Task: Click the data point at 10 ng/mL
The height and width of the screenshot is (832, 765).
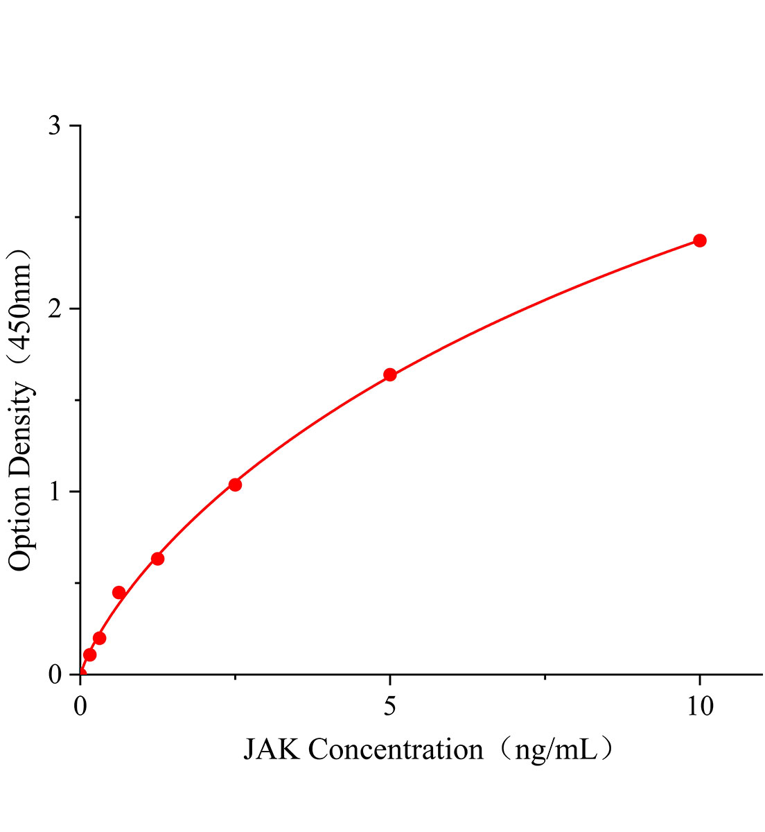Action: (x=700, y=241)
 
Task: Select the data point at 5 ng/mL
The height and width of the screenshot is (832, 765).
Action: (x=390, y=375)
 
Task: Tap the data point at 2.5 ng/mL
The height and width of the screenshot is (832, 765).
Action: (x=235, y=485)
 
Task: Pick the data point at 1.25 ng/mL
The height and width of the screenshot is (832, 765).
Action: (x=157, y=559)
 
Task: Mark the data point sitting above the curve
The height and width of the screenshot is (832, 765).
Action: (x=118, y=592)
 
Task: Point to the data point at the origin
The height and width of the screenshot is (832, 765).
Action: (x=81, y=673)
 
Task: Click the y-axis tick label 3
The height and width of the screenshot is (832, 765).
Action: (x=55, y=126)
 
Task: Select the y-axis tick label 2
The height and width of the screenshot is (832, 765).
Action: (x=55, y=309)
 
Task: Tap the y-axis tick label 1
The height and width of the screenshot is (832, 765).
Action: (x=55, y=492)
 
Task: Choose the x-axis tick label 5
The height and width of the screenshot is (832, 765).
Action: (x=390, y=707)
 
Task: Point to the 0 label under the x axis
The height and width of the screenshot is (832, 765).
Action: (x=81, y=707)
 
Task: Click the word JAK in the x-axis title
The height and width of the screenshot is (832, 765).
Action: (x=272, y=750)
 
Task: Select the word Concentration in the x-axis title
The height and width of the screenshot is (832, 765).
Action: (x=396, y=750)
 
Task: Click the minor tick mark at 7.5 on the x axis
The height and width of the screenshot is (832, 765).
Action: (x=545, y=677)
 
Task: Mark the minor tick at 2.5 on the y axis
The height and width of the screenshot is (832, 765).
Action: (x=77, y=217)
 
